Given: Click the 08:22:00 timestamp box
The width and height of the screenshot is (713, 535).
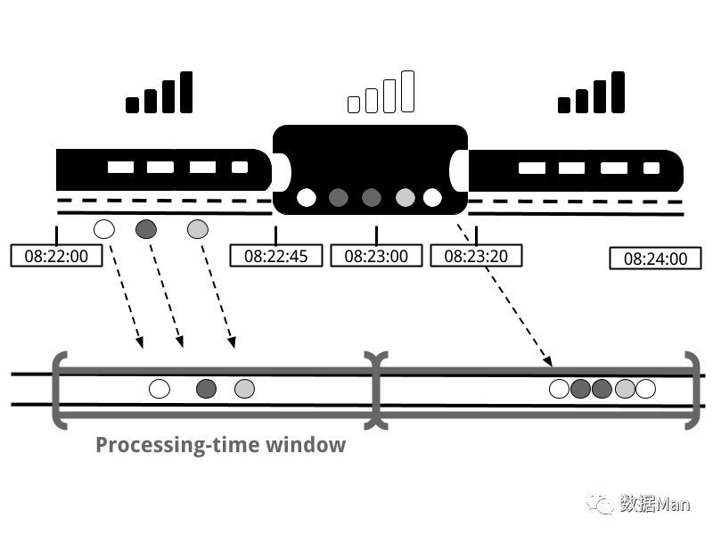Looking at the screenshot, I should click(x=56, y=256).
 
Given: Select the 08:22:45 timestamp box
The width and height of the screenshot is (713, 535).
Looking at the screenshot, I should click(x=275, y=256).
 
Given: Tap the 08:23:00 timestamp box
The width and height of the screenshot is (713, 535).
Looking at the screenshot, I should click(x=376, y=256).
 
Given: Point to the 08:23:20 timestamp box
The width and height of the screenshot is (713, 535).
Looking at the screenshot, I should click(x=476, y=256).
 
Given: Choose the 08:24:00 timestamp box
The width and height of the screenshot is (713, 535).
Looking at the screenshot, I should click(x=655, y=259).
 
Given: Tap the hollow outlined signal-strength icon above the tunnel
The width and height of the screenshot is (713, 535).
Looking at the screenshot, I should click(x=381, y=93).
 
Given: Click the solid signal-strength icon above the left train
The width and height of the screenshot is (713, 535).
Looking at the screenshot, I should click(x=160, y=94).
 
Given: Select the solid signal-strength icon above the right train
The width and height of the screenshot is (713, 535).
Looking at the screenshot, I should click(x=592, y=94).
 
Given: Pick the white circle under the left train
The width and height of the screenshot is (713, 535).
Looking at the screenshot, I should click(x=104, y=229).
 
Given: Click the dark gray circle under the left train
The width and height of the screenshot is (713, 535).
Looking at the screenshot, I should click(x=146, y=229).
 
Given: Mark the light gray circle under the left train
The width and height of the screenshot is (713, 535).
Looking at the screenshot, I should click(x=198, y=229).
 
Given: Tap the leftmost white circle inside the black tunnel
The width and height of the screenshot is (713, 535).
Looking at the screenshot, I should click(x=307, y=197).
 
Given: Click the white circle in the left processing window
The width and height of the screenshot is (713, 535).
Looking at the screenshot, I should click(x=160, y=388).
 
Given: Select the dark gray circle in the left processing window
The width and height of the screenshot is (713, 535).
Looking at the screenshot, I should click(x=207, y=388).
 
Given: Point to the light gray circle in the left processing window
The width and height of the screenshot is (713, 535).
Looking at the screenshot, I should click(x=244, y=388).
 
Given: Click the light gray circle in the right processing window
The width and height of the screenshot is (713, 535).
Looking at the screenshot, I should click(x=625, y=388).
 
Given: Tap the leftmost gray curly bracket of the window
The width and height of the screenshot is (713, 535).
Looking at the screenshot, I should click(x=59, y=391).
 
